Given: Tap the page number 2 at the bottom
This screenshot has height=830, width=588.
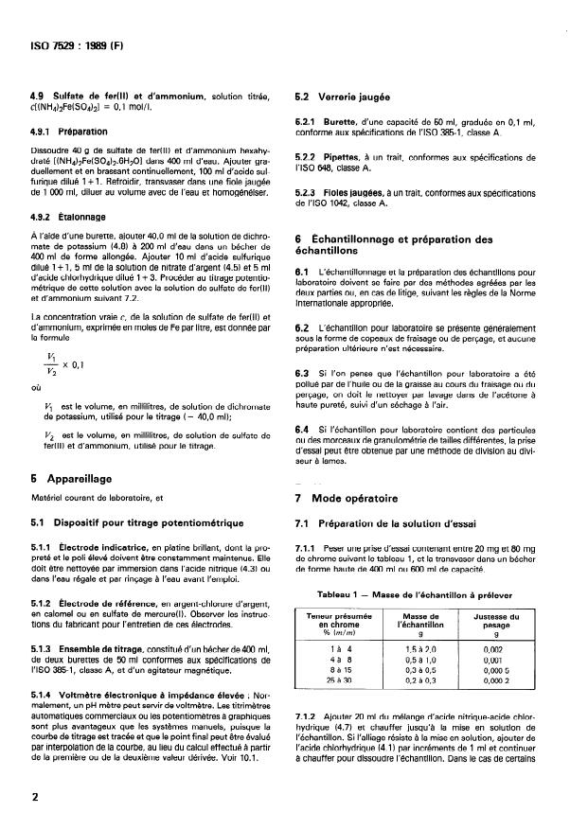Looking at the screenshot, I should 35,797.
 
